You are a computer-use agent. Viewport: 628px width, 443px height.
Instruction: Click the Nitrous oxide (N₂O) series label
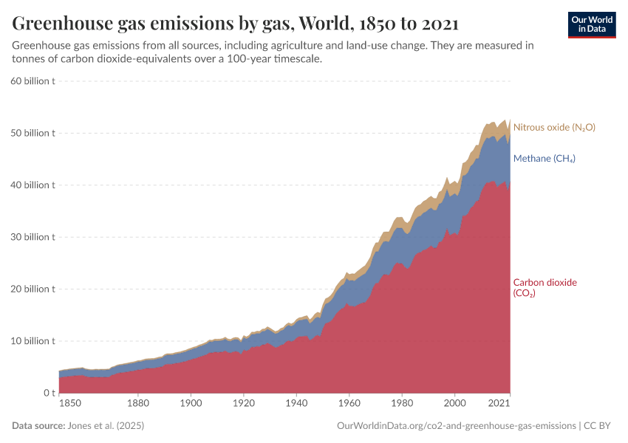553,127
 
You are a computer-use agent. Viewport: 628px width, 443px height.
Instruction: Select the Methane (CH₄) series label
544,159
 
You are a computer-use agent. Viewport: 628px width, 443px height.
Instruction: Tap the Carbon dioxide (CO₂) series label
545,287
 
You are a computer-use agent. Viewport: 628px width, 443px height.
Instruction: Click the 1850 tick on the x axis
71,405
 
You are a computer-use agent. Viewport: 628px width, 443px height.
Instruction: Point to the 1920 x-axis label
244,405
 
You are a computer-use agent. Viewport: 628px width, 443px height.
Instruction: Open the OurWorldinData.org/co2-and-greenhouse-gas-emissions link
456,426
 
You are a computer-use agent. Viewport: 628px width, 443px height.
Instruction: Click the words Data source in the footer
38,426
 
